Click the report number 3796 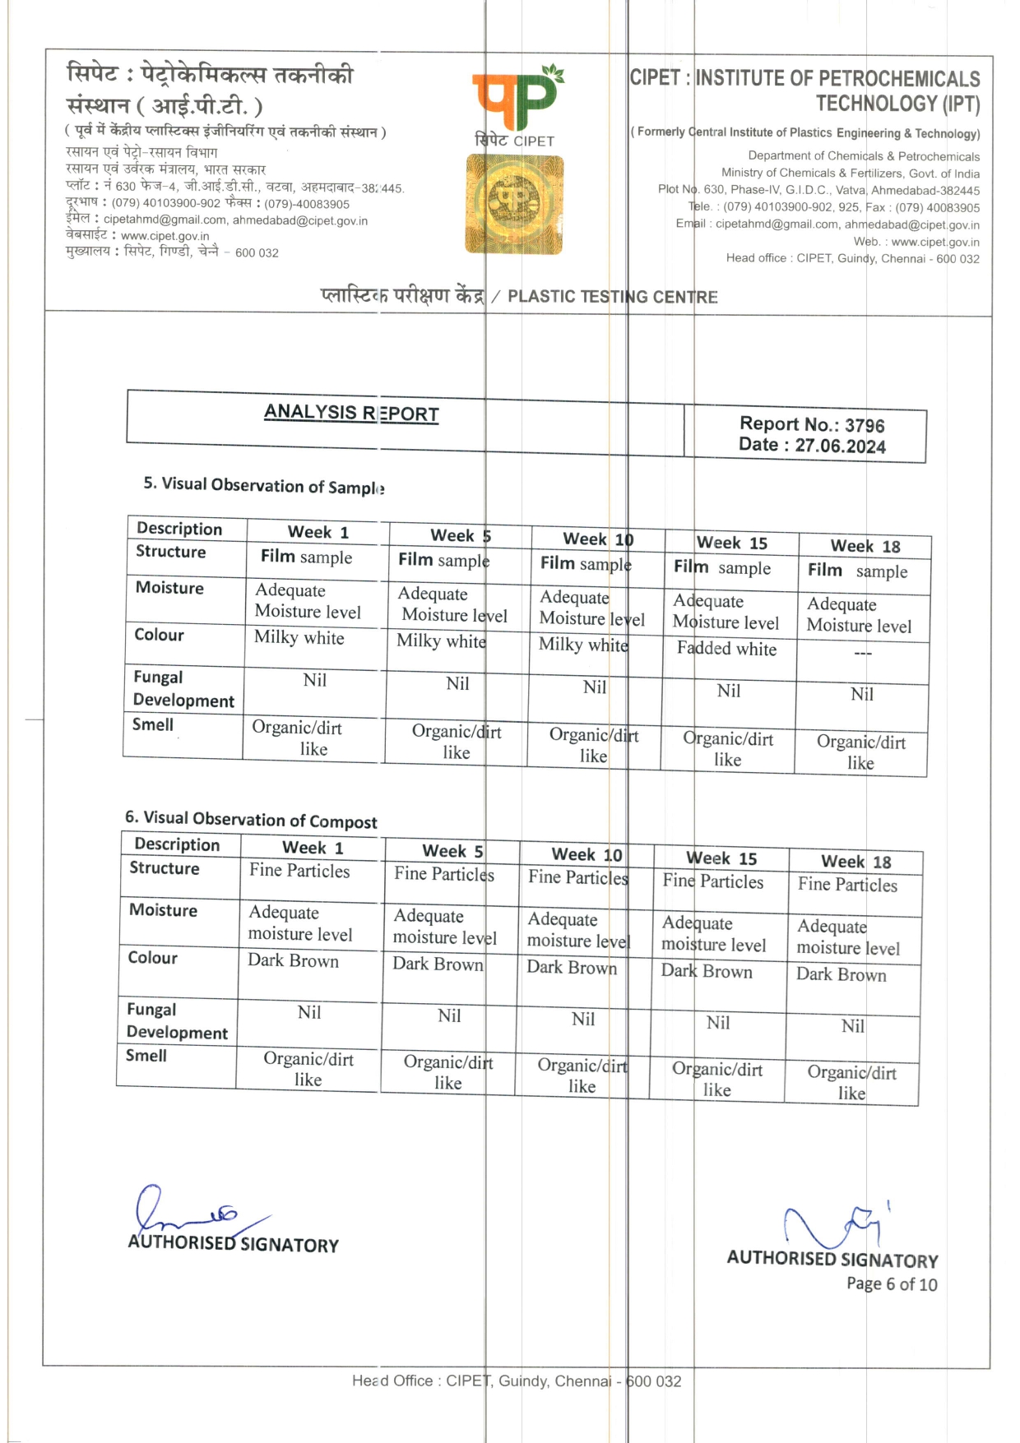coord(865,426)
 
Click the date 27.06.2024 coord(840,446)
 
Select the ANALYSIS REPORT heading coord(351,413)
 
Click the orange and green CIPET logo coord(517,99)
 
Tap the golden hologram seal coord(514,205)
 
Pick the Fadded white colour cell coord(726,649)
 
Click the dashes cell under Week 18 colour coord(862,653)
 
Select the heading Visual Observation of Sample coord(264,486)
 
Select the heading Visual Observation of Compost coord(252,819)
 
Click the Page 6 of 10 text coord(892,1284)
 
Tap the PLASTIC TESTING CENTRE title coord(612,297)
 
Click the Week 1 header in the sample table coord(318,532)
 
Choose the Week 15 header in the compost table coord(721,858)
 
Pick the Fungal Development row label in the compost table coord(177,1021)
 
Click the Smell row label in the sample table coord(153,724)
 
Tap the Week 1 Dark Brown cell coord(294,960)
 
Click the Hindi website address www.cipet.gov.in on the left coord(165,236)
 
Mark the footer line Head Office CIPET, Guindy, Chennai coord(517,1381)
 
